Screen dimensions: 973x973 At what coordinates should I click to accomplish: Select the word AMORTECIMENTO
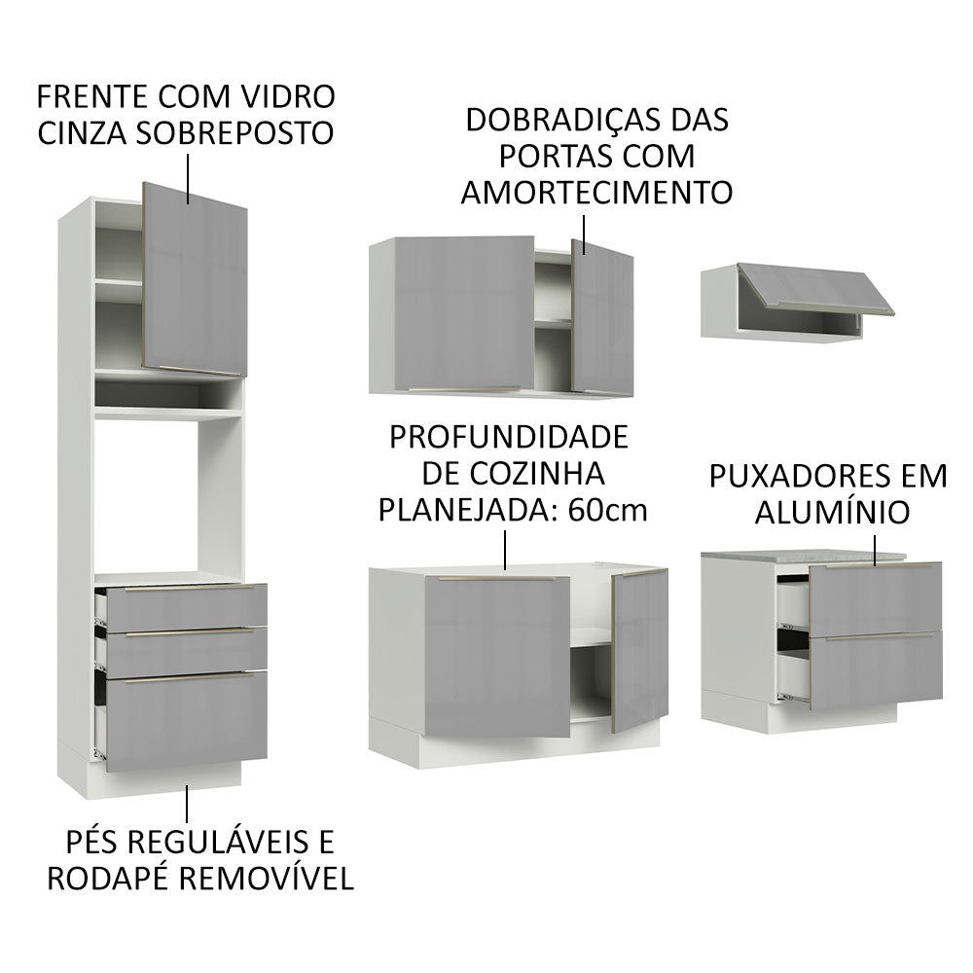tap(596, 192)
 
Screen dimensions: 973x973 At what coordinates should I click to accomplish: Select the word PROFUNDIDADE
tap(508, 435)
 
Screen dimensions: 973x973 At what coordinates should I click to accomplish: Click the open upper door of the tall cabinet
tap(195, 277)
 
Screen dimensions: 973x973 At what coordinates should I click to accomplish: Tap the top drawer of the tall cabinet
tap(185, 606)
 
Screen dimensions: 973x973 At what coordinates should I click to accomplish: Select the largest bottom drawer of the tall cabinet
tap(186, 720)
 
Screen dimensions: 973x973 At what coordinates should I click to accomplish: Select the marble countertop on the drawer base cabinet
tap(803, 554)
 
